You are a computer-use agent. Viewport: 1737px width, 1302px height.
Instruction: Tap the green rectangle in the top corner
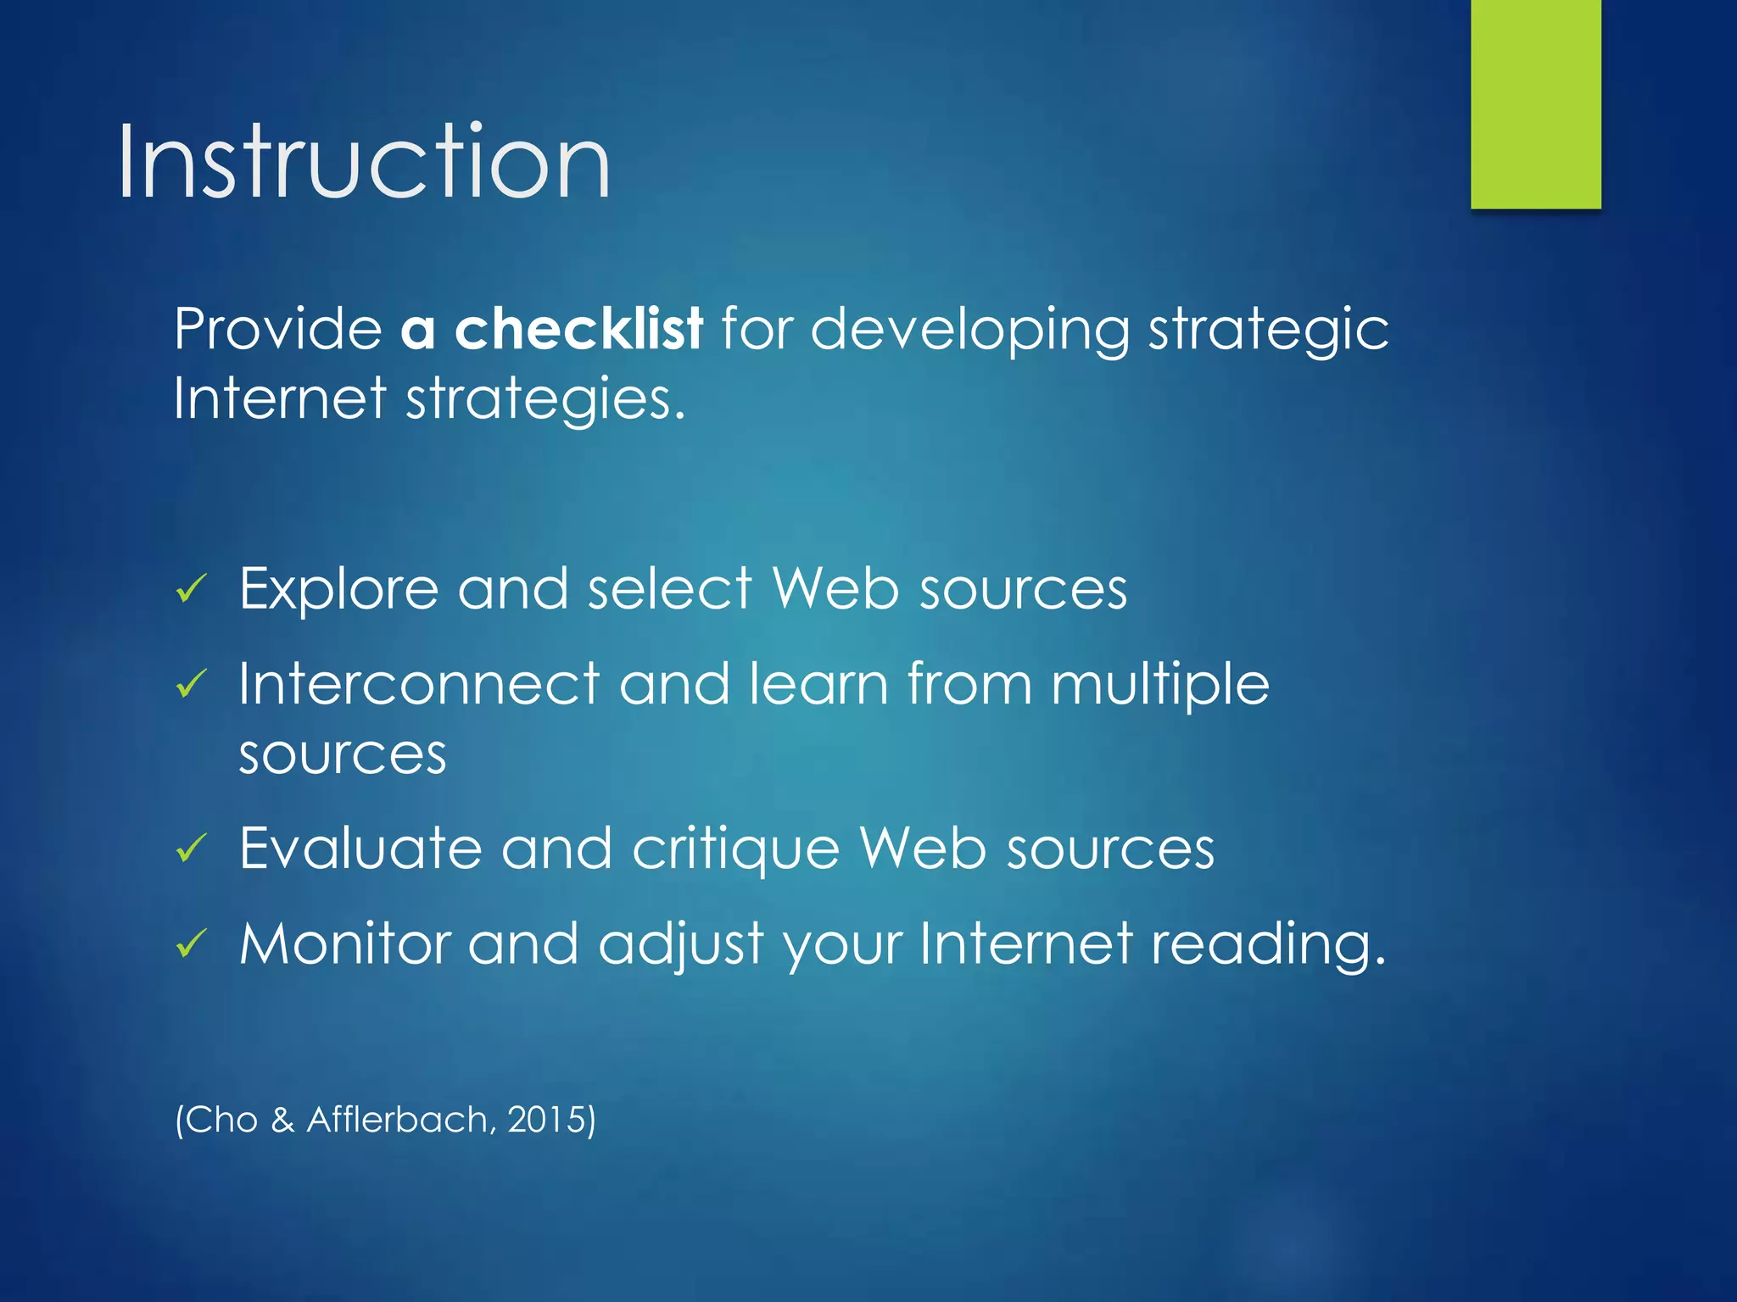[1535, 103]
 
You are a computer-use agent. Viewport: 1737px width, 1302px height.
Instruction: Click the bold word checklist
[578, 328]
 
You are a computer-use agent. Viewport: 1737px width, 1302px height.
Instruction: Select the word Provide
[278, 328]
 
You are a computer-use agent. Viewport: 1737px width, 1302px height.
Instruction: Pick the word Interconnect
[419, 683]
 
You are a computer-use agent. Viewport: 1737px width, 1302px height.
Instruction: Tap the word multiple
[1159, 685]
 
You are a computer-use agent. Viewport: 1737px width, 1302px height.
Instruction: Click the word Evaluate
[360, 847]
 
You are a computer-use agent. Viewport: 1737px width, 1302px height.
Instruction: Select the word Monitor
[343, 943]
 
